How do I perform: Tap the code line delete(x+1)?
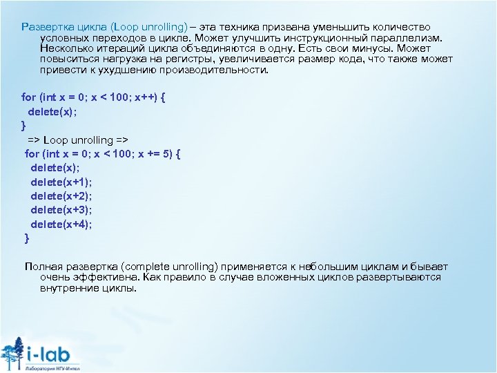tap(61, 182)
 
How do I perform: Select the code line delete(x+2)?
tap(61, 195)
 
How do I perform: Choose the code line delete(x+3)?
tap(61, 210)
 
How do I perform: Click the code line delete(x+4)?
tap(61, 224)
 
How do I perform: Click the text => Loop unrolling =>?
tap(78, 140)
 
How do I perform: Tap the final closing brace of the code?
tap(27, 238)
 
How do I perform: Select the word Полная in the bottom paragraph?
tap(43, 267)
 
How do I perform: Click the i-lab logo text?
tap(52, 354)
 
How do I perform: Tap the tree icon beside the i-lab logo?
tap(12, 354)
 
